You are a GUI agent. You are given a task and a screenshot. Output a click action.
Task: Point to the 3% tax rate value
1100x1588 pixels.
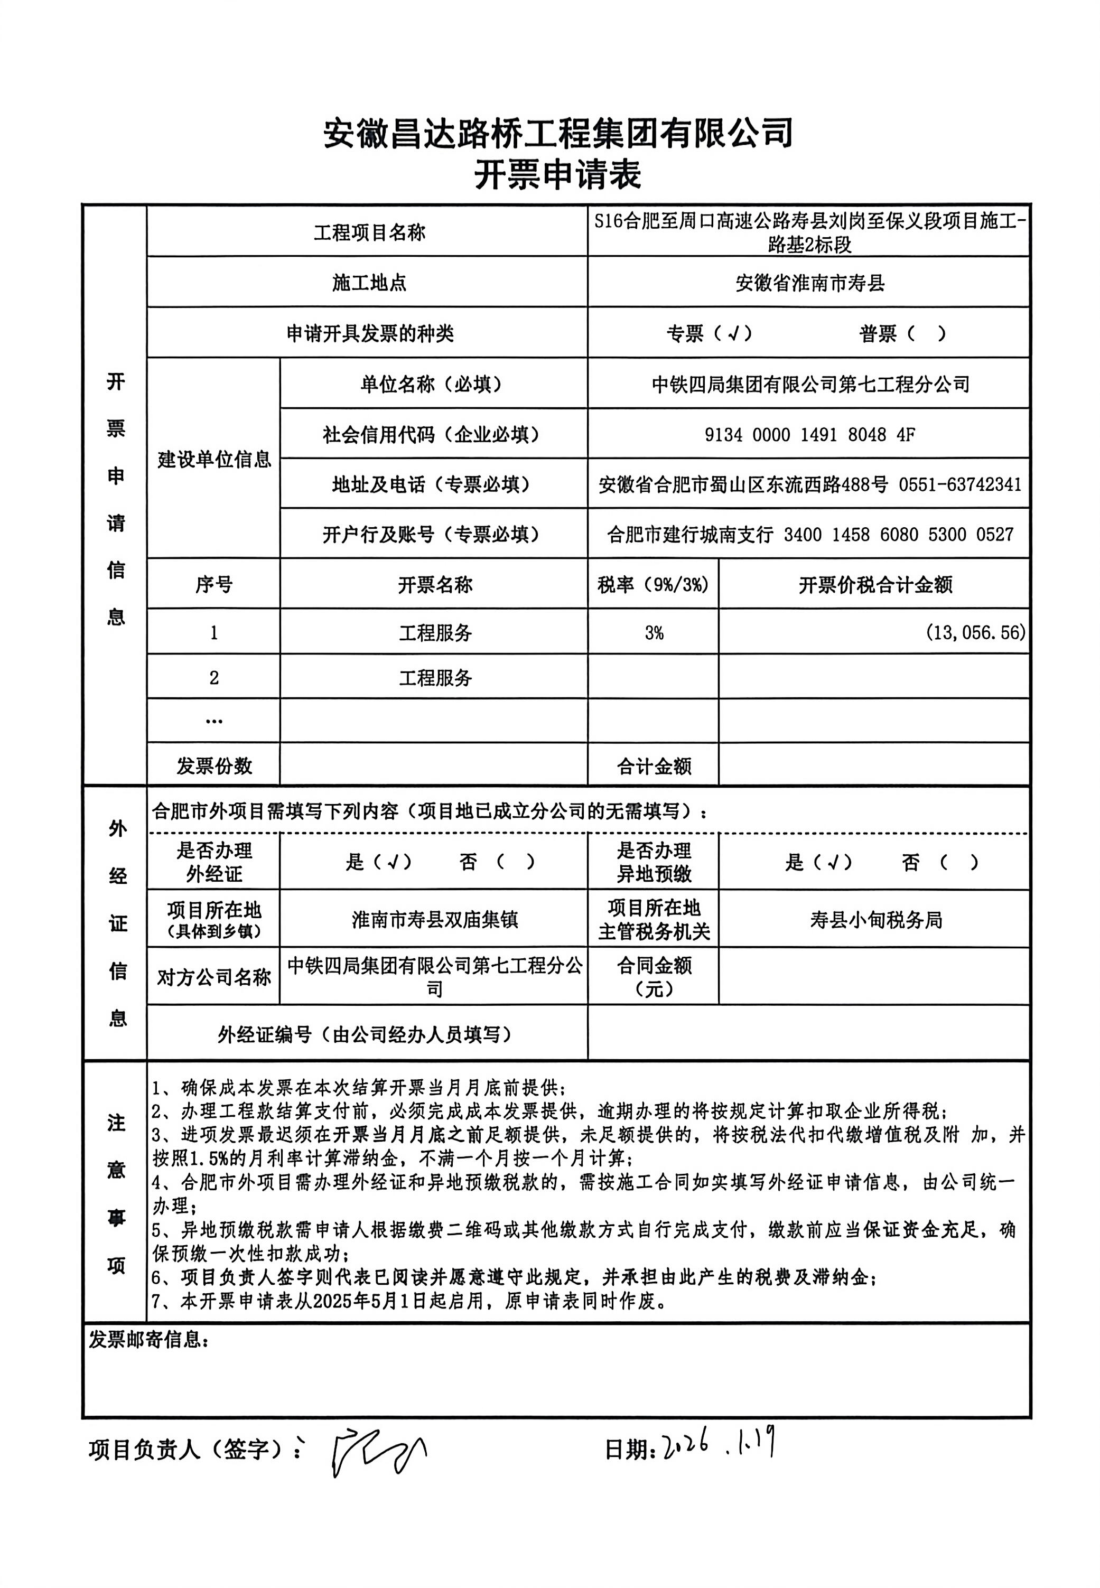tap(654, 632)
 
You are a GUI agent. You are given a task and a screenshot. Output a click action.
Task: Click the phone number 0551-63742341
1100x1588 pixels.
tap(959, 485)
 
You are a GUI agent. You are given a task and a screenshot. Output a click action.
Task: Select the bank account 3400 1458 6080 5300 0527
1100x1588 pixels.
tap(898, 535)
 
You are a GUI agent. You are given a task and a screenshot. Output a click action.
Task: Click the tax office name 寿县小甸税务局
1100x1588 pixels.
tap(875, 920)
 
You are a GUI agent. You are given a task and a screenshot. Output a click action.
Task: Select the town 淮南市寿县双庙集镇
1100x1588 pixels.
tap(434, 920)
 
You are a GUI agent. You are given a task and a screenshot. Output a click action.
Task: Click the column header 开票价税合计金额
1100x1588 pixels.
tap(875, 585)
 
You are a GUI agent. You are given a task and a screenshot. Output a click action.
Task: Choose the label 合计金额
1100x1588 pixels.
tap(654, 766)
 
